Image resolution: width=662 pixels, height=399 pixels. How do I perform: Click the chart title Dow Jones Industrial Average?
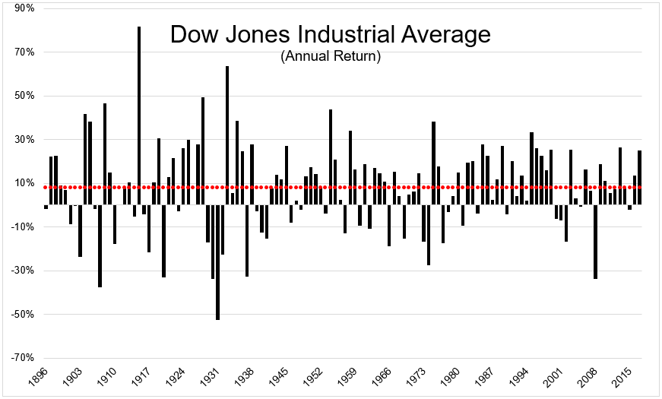pos(330,35)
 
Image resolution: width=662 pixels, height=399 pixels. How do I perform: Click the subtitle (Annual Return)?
pos(330,56)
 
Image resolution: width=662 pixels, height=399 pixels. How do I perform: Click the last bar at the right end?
pos(640,178)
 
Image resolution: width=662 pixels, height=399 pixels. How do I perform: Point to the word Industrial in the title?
pos(356,35)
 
